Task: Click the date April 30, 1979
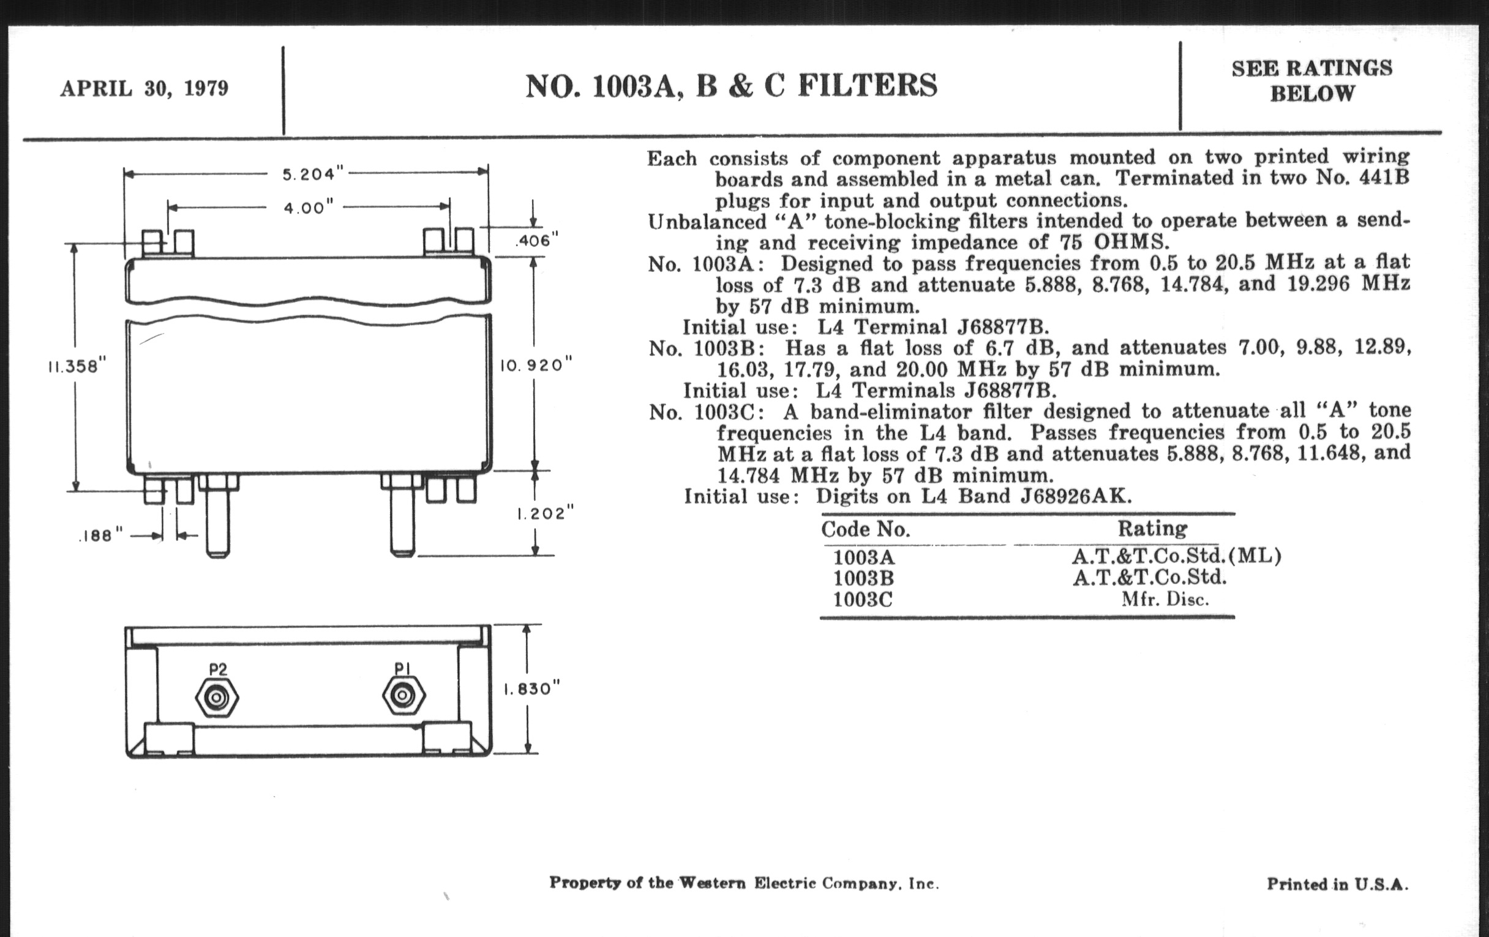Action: tap(144, 88)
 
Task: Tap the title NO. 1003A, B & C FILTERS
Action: tap(732, 85)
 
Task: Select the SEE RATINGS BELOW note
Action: tap(1312, 80)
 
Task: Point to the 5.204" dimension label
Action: tap(313, 175)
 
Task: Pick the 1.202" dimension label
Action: tap(546, 514)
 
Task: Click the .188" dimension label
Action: tap(102, 536)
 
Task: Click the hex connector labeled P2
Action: tap(216, 698)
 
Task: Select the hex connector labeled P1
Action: tap(404, 697)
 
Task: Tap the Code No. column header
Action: tap(866, 529)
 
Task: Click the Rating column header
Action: tap(1153, 529)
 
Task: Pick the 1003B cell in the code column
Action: tap(863, 578)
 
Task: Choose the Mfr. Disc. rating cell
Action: tap(1165, 600)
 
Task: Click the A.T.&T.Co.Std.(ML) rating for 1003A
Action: tap(1177, 556)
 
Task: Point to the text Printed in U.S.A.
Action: tap(1338, 884)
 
